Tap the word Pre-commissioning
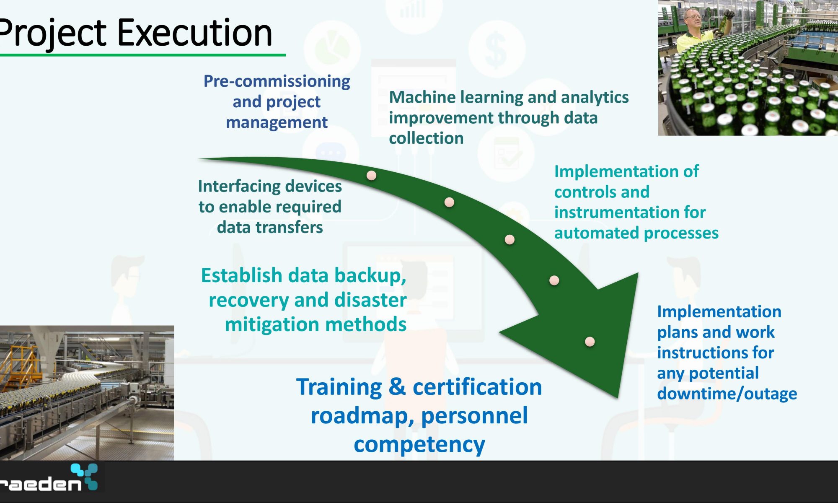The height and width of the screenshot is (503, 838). (x=277, y=81)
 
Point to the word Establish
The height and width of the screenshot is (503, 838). (x=242, y=275)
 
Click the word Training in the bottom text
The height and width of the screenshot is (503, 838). (x=339, y=387)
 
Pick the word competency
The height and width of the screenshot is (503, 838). (x=419, y=444)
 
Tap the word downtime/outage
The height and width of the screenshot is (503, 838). (x=727, y=394)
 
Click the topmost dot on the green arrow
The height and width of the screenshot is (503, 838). (x=371, y=175)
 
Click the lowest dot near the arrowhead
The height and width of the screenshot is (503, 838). (x=590, y=342)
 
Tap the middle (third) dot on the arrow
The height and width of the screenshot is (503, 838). (x=510, y=239)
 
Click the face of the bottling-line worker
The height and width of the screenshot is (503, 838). (x=691, y=19)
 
